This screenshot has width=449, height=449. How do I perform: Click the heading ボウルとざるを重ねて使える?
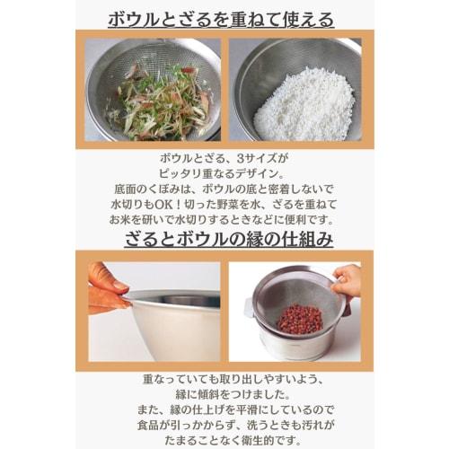(224, 18)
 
